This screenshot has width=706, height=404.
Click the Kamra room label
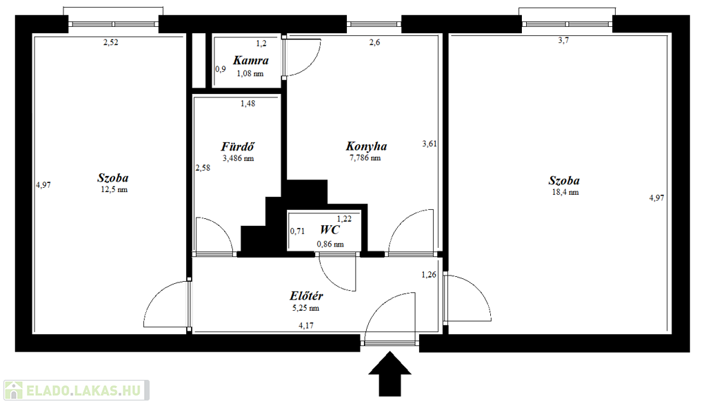coord(251,60)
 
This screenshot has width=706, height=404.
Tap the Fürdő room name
coord(238,146)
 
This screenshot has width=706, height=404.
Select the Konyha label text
coord(366,146)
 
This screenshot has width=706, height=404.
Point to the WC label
coord(330,229)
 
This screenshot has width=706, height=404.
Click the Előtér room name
coord(306,296)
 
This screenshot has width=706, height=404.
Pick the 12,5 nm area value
coord(114,190)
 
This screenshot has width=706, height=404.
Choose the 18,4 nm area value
coord(565,193)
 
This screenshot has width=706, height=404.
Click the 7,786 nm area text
coord(365,158)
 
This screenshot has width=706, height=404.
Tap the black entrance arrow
coord(390,374)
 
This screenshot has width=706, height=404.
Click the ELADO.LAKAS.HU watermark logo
coord(76,390)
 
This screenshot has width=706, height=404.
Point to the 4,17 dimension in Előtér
coord(306,325)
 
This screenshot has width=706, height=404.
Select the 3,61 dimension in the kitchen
coord(430,144)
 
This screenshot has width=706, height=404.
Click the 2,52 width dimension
coord(111,42)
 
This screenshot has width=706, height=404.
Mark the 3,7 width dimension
coord(564,40)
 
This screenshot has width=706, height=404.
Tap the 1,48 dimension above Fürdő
coord(248,104)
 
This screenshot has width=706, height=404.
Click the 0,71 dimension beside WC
coord(297,231)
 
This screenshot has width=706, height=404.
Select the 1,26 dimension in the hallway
coord(429,275)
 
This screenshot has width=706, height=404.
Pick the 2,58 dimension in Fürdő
coord(203,168)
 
